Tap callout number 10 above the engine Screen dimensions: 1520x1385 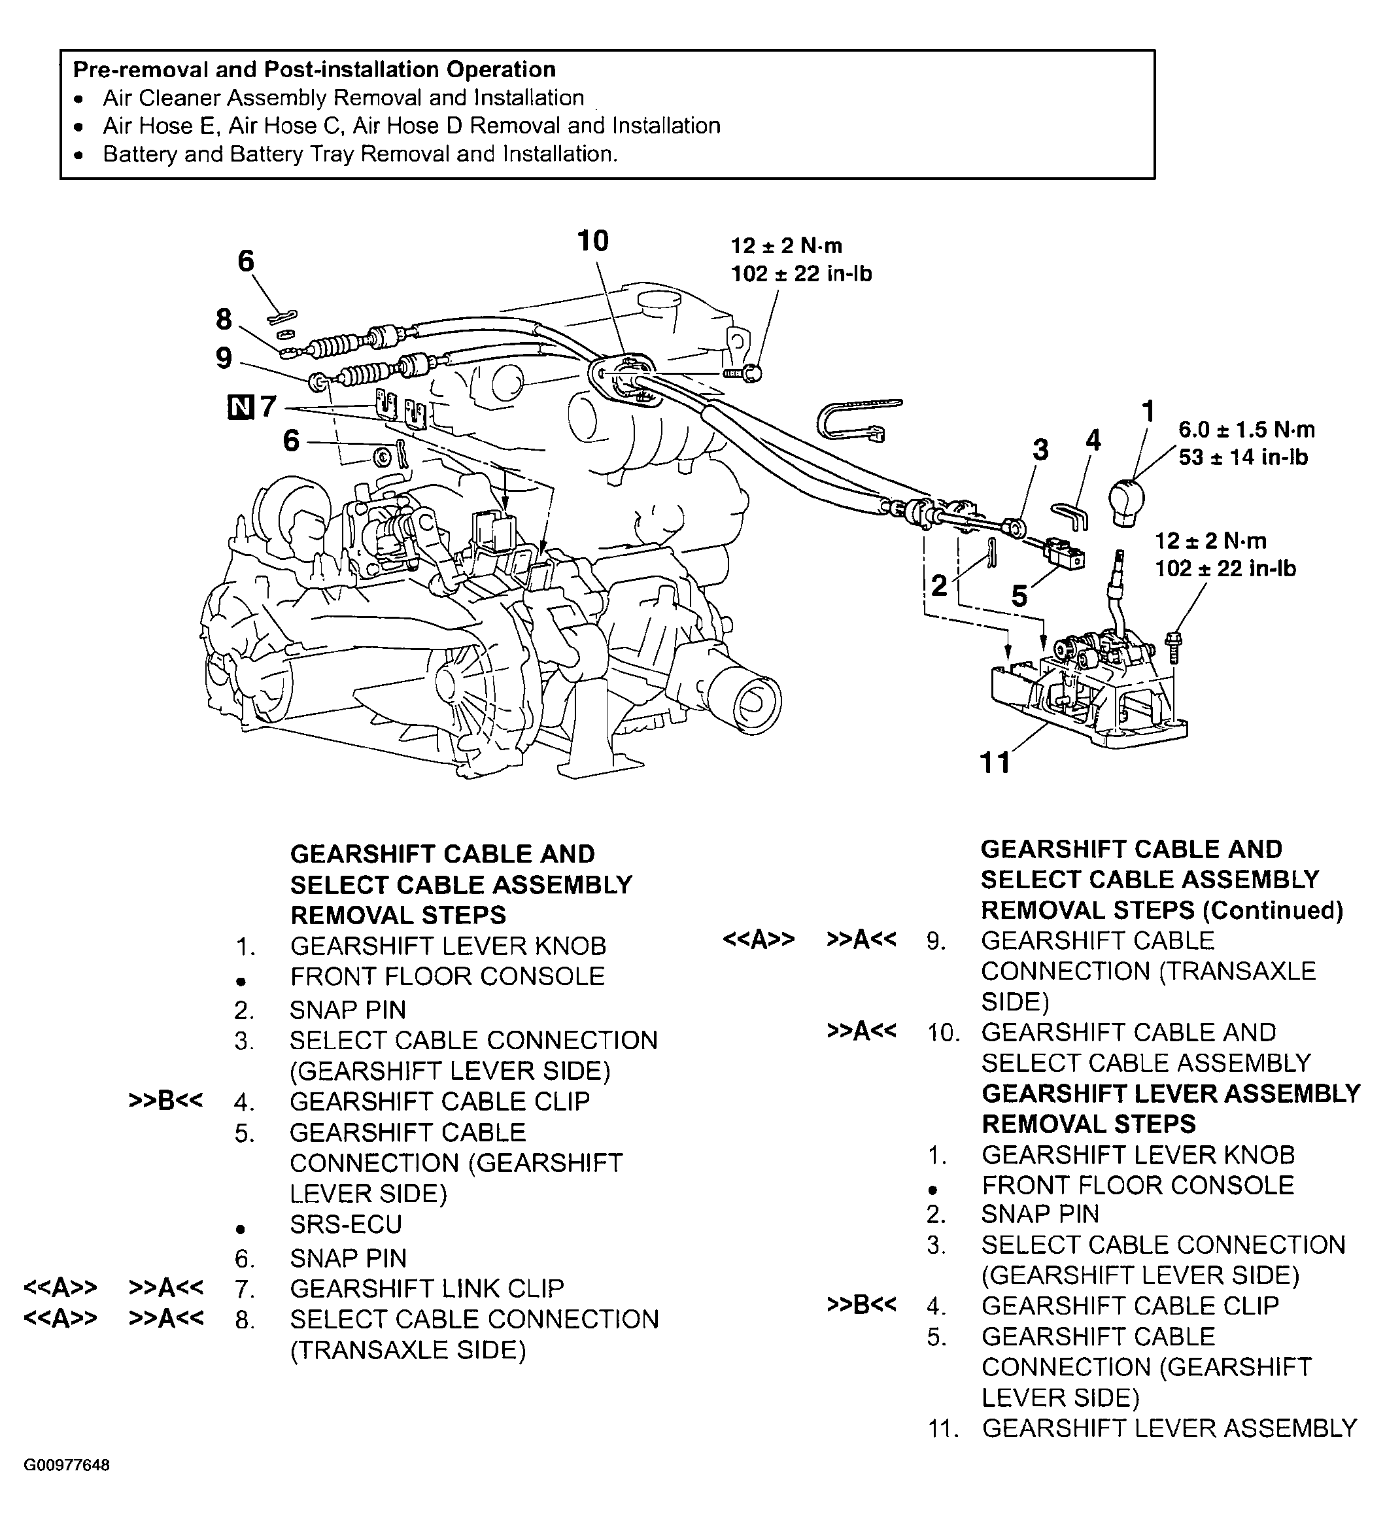(x=592, y=241)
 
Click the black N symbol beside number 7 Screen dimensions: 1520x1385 (x=240, y=408)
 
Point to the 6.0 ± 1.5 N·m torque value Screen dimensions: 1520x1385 (x=1246, y=430)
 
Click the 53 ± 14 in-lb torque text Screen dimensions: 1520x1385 (x=1242, y=457)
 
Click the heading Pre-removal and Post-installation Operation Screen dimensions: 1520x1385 (x=314, y=69)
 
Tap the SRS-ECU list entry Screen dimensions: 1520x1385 (x=345, y=1224)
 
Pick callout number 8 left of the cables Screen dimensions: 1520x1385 (x=224, y=320)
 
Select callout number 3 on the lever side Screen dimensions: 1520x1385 (x=1040, y=449)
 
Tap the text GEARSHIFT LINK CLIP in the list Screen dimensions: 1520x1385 (x=427, y=1288)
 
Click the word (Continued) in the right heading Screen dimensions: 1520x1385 (x=1273, y=910)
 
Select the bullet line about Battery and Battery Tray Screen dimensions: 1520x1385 (x=360, y=154)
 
